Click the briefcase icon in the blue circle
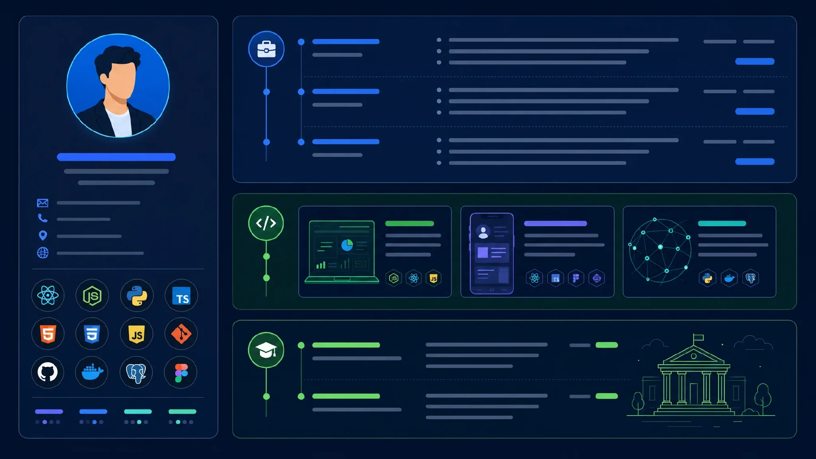point(266,49)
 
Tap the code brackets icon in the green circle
point(266,223)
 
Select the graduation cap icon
point(266,350)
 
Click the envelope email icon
point(42,203)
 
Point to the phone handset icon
point(42,218)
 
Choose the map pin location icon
point(42,235)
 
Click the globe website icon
point(42,253)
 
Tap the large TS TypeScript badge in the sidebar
point(181,296)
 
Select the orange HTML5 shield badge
point(48,334)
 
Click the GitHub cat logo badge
point(48,372)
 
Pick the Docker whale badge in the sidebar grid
point(92,373)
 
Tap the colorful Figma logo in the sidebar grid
point(181,373)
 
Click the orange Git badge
point(181,334)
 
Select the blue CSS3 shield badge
point(92,334)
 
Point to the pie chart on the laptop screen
point(347,245)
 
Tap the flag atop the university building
point(698,338)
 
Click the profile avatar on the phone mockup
point(483,232)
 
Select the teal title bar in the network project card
point(722,224)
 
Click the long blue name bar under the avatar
point(116,157)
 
